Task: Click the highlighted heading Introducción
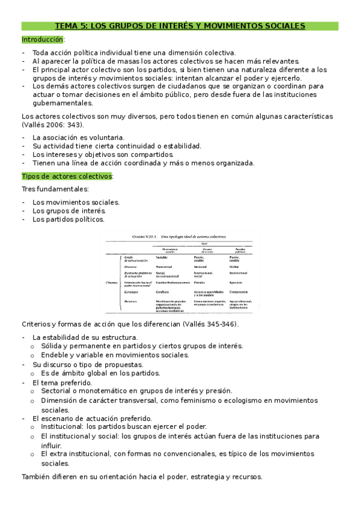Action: tap(42, 40)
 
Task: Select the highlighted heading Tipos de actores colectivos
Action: tap(67, 176)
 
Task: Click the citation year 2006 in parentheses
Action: tap(57, 124)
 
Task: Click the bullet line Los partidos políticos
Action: tap(69, 219)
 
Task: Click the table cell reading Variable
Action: tap(162, 257)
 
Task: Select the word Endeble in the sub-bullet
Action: tap(55, 355)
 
